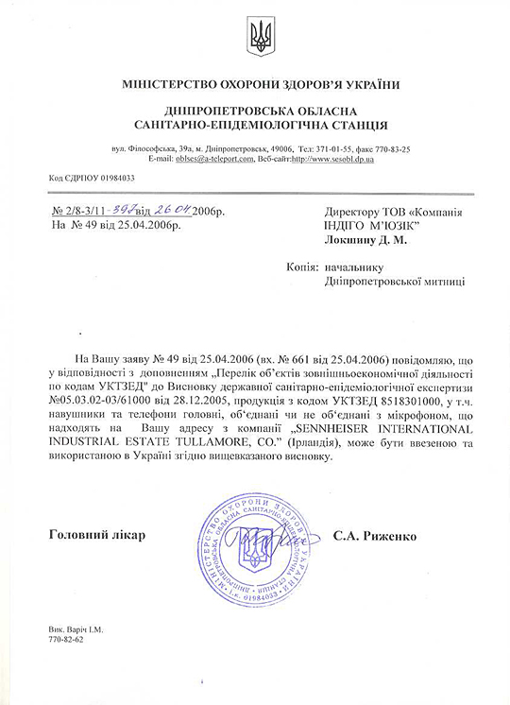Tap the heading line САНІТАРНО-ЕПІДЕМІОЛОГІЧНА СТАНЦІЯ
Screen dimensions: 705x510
pos(255,125)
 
